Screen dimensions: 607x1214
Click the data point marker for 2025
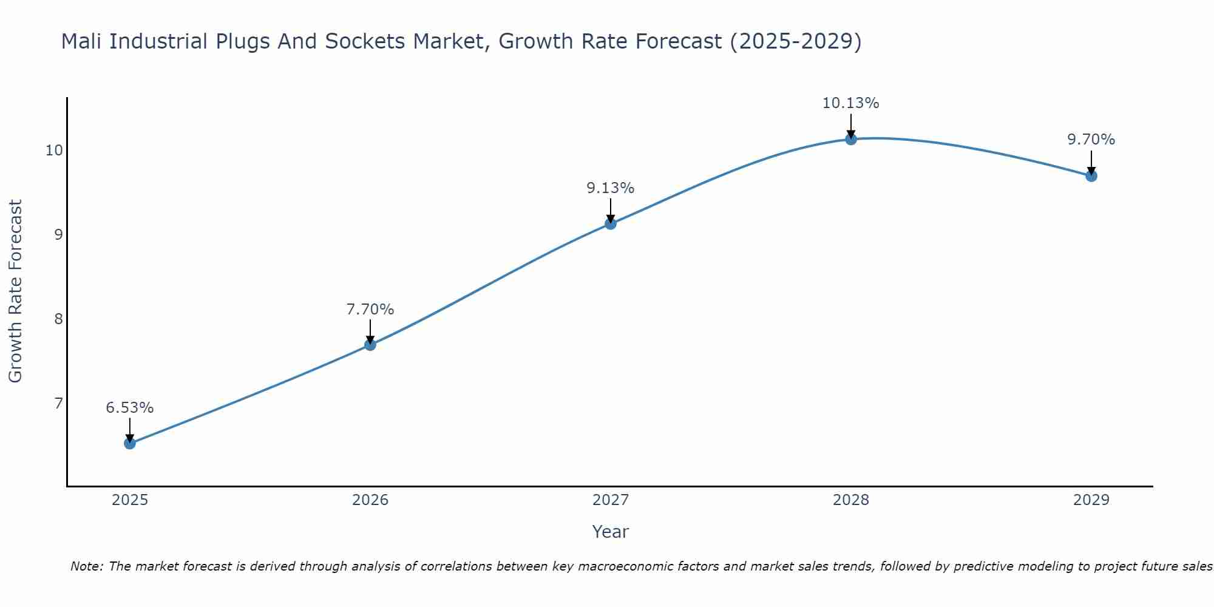(130, 443)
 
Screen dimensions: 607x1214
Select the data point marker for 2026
(370, 345)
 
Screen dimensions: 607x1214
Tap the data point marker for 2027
(611, 223)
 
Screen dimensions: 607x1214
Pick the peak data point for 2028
(851, 139)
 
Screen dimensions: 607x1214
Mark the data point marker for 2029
(1091, 176)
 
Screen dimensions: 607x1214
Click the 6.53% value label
(130, 408)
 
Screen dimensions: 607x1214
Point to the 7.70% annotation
(370, 310)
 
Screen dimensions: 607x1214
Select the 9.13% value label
(611, 188)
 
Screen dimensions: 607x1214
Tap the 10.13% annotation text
(851, 103)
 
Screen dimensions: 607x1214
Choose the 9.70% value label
(1091, 140)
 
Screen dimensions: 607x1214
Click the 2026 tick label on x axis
(370, 500)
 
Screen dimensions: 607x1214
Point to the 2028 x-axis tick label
(851, 500)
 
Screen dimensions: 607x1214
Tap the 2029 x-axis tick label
(1091, 500)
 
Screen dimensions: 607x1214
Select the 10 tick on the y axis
(54, 150)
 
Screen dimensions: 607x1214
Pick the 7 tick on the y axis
(58, 403)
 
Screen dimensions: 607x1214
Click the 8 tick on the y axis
(58, 319)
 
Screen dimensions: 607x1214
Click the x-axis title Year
(611, 532)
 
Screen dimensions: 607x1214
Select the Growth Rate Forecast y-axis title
(16, 291)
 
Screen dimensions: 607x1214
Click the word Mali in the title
(83, 41)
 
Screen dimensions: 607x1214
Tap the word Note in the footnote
(87, 566)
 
